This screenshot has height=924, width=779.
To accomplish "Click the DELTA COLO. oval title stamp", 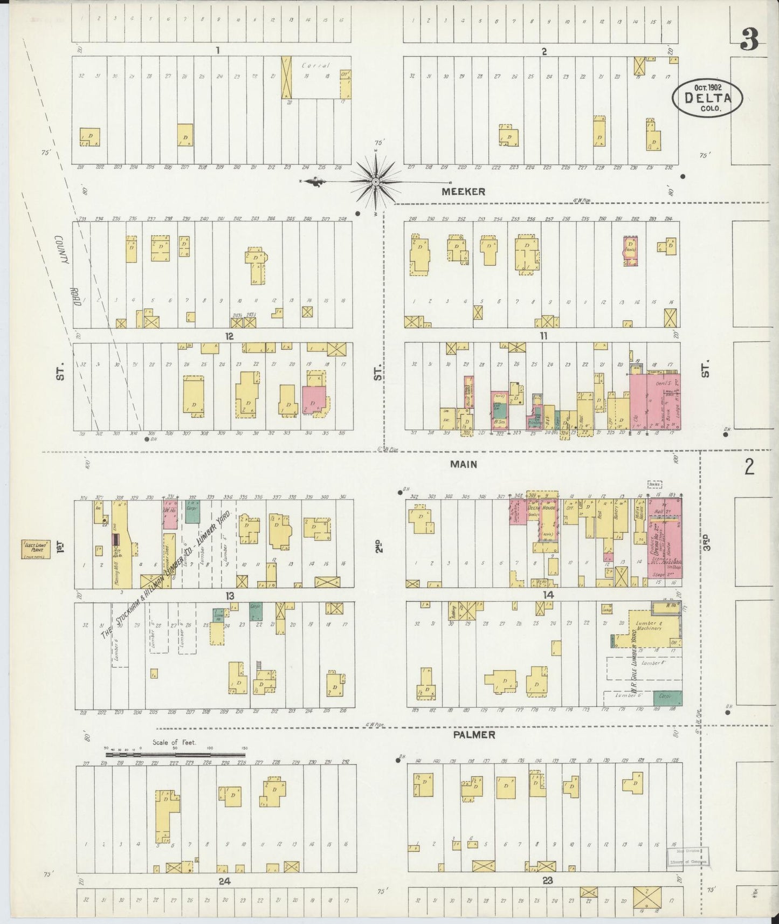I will pos(707,97).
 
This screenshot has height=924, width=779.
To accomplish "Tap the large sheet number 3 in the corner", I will pos(750,39).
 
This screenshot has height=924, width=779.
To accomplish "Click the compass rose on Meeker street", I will pos(376,182).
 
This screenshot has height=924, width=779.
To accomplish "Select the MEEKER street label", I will pos(463,191).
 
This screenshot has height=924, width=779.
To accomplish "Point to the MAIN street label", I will pos(464,464).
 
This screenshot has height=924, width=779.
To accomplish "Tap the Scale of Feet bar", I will pos(175,754).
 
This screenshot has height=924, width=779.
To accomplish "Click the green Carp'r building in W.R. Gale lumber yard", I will pos(667,697).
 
